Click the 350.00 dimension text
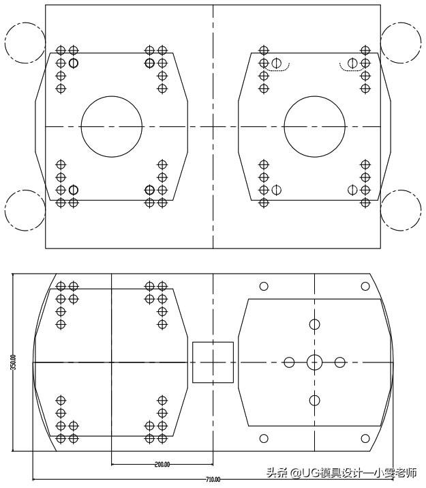[13, 362]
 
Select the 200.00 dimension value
[162, 465]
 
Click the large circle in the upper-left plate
[111, 127]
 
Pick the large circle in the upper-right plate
[314, 127]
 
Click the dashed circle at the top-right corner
[401, 43]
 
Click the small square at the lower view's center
[213, 362]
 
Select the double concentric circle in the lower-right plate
[314, 362]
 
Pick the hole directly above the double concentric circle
[314, 324]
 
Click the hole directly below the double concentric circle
[314, 400]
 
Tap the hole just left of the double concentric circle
[289, 362]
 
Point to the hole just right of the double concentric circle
[340, 362]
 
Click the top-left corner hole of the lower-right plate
[263, 286]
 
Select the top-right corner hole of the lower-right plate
[365, 286]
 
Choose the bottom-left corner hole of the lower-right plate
[263, 438]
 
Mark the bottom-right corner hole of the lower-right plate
[365, 438]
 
